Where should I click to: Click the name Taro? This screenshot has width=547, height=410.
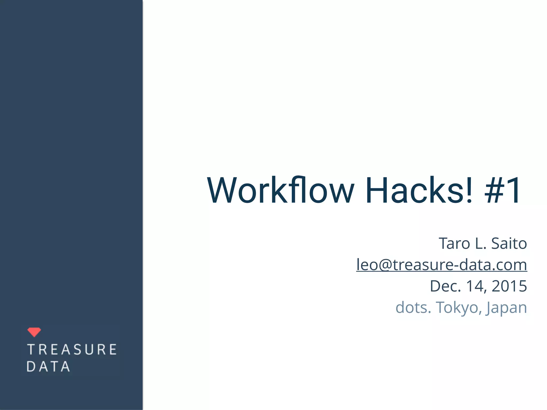tap(454, 243)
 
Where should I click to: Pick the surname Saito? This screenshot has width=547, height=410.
tap(509, 243)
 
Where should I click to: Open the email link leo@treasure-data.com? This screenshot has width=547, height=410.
tap(441, 265)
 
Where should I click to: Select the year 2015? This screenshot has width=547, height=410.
tap(509, 286)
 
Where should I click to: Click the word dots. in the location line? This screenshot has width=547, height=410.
tap(413, 307)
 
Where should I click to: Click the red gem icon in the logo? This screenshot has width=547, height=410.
tap(34, 332)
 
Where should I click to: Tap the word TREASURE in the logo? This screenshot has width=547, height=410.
tap(72, 349)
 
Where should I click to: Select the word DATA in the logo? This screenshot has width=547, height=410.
tap(48, 366)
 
